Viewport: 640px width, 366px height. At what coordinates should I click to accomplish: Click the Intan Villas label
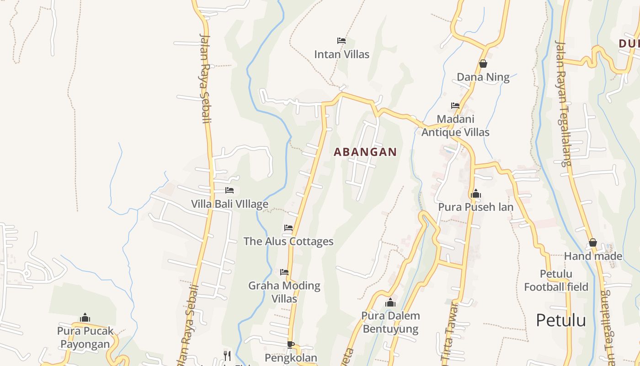click(341, 54)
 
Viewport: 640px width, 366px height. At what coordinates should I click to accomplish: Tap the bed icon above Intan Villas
click(341, 40)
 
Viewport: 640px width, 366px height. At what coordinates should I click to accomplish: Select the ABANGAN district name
click(365, 152)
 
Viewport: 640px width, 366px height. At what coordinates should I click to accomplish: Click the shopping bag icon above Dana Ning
click(483, 64)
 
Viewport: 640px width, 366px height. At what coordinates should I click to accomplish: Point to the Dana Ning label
click(483, 77)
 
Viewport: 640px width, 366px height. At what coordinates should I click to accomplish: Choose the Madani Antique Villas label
click(455, 126)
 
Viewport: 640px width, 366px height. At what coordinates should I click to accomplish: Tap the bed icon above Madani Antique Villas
click(455, 105)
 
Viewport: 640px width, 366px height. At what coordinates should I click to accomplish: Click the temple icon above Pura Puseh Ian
click(476, 194)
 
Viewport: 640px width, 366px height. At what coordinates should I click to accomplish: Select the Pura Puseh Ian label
click(476, 207)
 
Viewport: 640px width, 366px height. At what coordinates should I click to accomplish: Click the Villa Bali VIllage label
click(229, 204)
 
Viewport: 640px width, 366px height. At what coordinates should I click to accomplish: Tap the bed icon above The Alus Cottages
click(288, 227)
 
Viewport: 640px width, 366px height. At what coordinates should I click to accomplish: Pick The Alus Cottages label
click(288, 242)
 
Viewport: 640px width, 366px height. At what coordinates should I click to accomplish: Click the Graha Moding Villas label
click(284, 292)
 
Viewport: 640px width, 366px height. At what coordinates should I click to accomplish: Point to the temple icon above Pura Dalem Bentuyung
click(390, 302)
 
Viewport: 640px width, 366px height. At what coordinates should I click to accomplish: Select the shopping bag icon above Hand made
click(593, 242)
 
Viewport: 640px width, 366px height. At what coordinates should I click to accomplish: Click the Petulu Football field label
click(556, 280)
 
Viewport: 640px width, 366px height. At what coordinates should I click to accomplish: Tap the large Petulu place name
click(561, 320)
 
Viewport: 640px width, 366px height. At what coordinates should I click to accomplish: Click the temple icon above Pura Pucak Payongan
click(85, 318)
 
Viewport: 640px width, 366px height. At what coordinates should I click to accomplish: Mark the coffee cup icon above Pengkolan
click(290, 344)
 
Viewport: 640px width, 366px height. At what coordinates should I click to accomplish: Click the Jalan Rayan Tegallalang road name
click(563, 103)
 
